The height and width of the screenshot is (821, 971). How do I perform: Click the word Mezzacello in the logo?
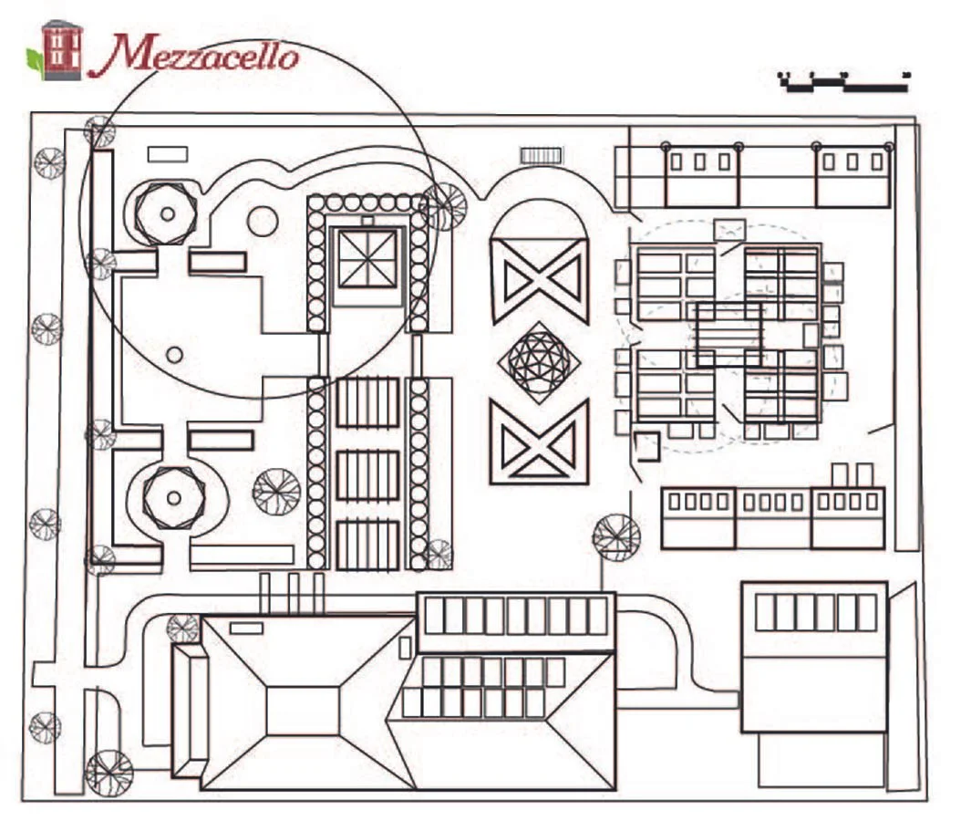pos(206,56)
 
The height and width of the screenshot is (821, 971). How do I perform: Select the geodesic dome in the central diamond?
pos(539,363)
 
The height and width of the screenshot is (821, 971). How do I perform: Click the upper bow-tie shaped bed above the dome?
pos(539,279)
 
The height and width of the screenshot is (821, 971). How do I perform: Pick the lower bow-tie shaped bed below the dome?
pos(539,441)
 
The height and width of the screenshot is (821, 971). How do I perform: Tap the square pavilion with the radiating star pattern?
pos(367,259)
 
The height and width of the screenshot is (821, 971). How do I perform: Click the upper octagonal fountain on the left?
pos(167,213)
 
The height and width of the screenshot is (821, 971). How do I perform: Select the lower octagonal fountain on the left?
pos(173,497)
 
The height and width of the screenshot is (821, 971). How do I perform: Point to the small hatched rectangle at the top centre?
pos(542,156)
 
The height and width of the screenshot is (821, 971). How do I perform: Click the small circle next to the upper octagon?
pos(263,221)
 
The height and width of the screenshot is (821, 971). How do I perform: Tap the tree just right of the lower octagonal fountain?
pos(275,491)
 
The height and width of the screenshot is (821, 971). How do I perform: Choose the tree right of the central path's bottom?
pos(615,536)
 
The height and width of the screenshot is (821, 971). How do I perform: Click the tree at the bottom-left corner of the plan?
pos(108,772)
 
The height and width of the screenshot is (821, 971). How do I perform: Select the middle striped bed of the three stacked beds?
pos(367,474)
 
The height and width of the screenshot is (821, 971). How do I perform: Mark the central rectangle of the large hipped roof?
pos(303,711)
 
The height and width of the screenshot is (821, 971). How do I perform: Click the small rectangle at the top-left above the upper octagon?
pos(168,154)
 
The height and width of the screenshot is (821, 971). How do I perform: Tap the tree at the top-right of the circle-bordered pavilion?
pos(446,206)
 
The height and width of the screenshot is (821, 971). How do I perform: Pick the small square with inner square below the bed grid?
pos(646,446)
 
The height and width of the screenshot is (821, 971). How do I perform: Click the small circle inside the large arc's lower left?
pos(174,355)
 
